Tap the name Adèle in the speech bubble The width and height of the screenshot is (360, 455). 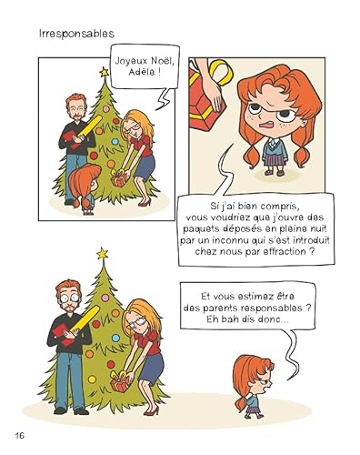click(x=131, y=75)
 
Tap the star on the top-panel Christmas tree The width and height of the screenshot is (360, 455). click(x=102, y=65)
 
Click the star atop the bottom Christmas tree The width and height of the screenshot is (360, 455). click(x=102, y=252)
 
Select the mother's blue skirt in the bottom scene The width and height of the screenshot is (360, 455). click(x=151, y=364)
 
